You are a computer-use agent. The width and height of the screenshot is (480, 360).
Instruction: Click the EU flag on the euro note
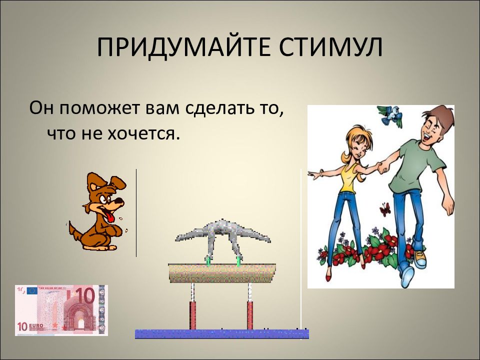(32, 291)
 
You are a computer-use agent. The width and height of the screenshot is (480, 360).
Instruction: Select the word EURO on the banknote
(36, 326)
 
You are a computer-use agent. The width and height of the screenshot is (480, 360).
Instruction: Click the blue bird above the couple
(390, 115)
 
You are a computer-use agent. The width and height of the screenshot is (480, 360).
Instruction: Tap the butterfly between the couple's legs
(385, 209)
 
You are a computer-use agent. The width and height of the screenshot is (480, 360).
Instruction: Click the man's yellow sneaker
(419, 258)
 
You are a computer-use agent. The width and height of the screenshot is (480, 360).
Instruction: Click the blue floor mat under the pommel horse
(221, 333)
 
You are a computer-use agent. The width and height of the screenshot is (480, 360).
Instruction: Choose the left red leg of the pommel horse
(192, 315)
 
